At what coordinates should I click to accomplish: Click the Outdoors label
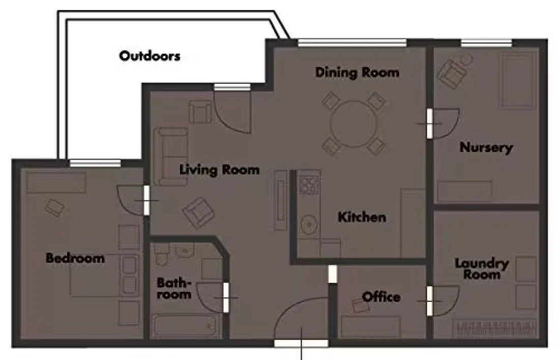(149, 56)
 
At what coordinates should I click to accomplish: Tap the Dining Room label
(357, 72)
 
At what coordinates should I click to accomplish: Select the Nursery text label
(486, 147)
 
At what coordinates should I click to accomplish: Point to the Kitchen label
(362, 217)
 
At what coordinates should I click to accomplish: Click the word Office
(381, 297)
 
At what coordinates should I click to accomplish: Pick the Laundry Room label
(482, 268)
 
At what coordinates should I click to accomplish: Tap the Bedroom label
(75, 258)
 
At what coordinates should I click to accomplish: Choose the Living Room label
(219, 169)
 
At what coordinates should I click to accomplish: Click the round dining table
(354, 124)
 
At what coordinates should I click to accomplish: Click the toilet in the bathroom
(162, 254)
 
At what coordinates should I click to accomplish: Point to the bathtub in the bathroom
(183, 325)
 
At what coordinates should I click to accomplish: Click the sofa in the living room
(171, 156)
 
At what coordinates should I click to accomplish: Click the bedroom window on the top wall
(95, 163)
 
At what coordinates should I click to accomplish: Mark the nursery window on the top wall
(486, 43)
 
